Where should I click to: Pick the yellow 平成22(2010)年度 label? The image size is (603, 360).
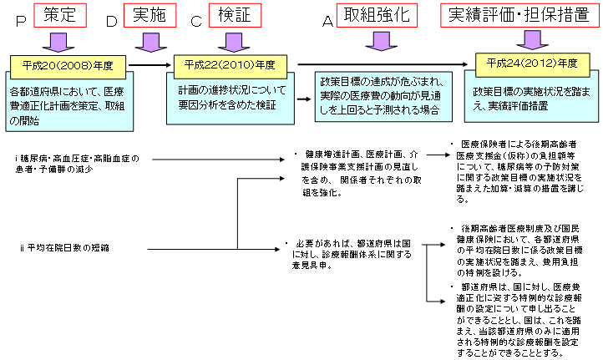coord(230,64)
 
